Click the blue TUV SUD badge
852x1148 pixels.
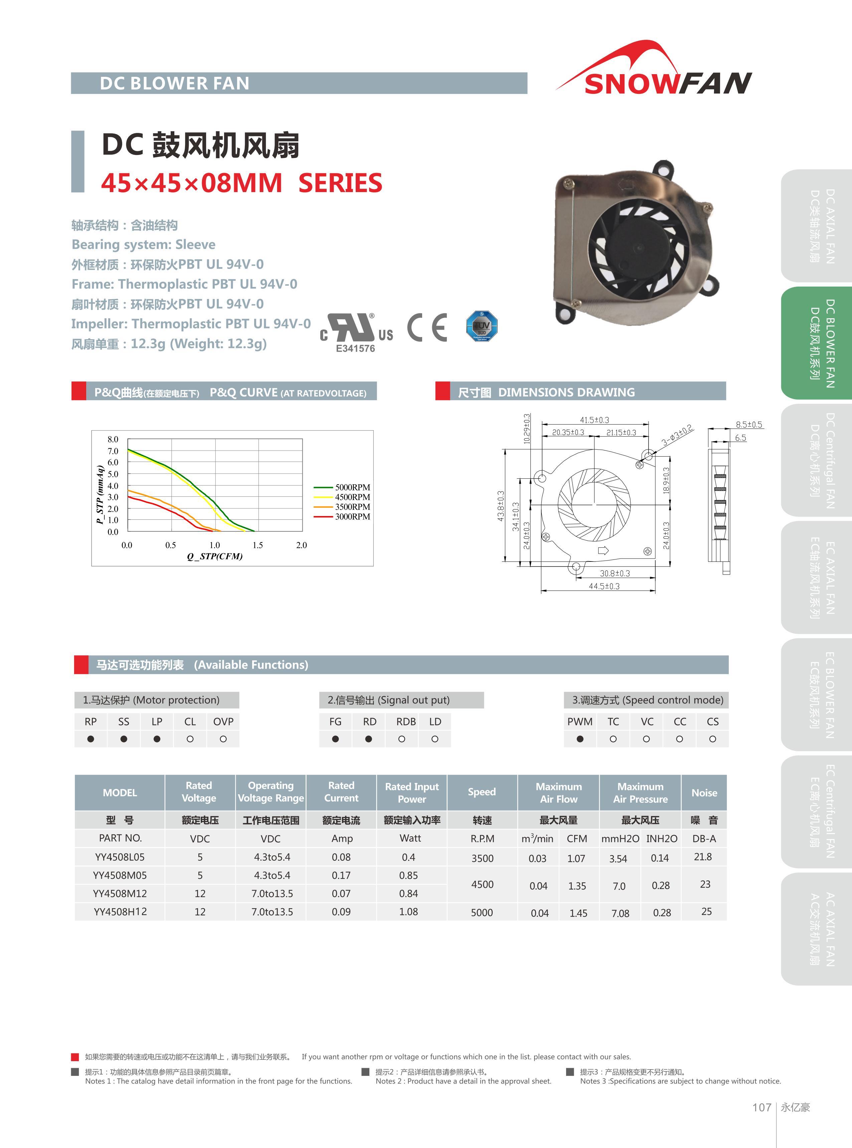[x=481, y=326]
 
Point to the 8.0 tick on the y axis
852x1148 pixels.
[x=113, y=440]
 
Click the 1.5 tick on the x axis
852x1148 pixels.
[x=258, y=545]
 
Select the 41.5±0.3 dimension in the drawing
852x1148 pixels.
[x=594, y=420]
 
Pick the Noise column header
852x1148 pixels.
[x=704, y=793]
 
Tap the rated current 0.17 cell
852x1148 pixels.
[x=341, y=875]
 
